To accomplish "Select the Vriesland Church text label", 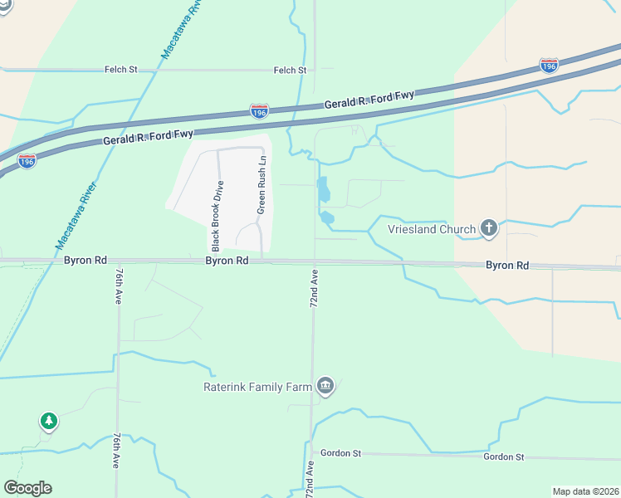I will [x=432, y=229].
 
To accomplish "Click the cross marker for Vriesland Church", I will [x=489, y=228].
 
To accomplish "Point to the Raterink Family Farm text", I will [x=257, y=386].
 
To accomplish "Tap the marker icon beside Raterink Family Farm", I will [x=325, y=386].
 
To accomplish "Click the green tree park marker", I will [x=49, y=421].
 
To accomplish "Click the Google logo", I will [x=27, y=488].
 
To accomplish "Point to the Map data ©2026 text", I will [x=584, y=491].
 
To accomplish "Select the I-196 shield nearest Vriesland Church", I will [x=549, y=65].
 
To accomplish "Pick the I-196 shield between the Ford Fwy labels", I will [x=259, y=110].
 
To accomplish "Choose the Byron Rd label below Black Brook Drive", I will [x=227, y=261].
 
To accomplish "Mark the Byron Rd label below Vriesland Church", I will [x=507, y=266].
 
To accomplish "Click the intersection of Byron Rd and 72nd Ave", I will [x=314, y=261].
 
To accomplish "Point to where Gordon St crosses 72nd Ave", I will [x=311, y=453].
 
